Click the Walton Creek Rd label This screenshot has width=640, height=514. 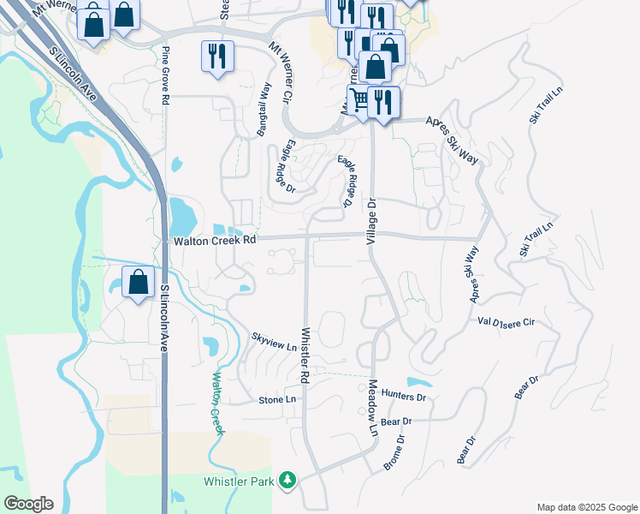point(215,242)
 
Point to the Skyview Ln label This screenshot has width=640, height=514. point(274,342)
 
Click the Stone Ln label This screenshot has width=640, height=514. point(277,400)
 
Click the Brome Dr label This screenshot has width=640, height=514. point(394,451)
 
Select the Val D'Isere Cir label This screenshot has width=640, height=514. point(507,322)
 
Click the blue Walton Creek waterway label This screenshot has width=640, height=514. point(217,403)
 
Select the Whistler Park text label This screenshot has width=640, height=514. point(239,482)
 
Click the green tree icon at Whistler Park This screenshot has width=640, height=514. point(290,481)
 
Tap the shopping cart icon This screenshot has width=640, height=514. point(360,100)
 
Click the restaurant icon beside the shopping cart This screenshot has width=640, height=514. point(383,102)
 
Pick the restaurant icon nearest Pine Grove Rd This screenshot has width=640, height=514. point(216,56)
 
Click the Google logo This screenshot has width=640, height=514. point(28,504)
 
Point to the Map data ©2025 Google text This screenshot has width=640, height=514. point(586,507)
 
